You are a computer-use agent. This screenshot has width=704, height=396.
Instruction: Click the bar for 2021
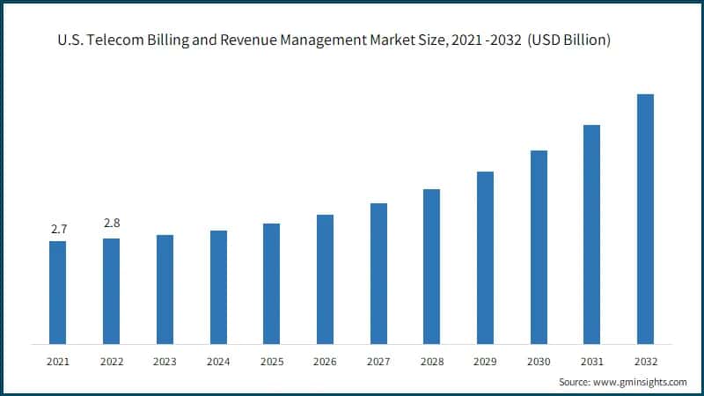click(x=58, y=292)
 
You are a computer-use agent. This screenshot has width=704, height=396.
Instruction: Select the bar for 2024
click(x=218, y=287)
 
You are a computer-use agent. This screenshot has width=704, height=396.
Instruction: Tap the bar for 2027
click(x=378, y=273)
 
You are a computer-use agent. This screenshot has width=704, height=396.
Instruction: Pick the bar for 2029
click(x=485, y=257)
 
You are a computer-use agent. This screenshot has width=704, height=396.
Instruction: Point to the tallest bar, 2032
click(x=645, y=218)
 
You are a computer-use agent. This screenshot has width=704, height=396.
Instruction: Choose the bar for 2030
click(x=539, y=246)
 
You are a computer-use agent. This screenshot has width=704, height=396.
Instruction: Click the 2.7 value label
click(x=59, y=229)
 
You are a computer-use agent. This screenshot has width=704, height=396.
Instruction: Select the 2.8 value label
click(x=112, y=224)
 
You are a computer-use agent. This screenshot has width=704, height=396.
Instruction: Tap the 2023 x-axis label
click(x=165, y=361)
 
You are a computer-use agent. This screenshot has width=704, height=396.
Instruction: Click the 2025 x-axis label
click(x=272, y=361)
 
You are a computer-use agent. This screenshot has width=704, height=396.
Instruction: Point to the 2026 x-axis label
click(x=325, y=361)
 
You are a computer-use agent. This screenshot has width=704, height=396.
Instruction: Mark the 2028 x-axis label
click(x=431, y=361)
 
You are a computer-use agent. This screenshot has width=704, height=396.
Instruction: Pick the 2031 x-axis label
click(x=591, y=361)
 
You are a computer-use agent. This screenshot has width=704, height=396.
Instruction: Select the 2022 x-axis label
click(x=112, y=361)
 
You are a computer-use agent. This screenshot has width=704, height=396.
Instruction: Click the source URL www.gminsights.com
click(x=639, y=382)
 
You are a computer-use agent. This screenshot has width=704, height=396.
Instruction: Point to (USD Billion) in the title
click(x=570, y=41)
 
